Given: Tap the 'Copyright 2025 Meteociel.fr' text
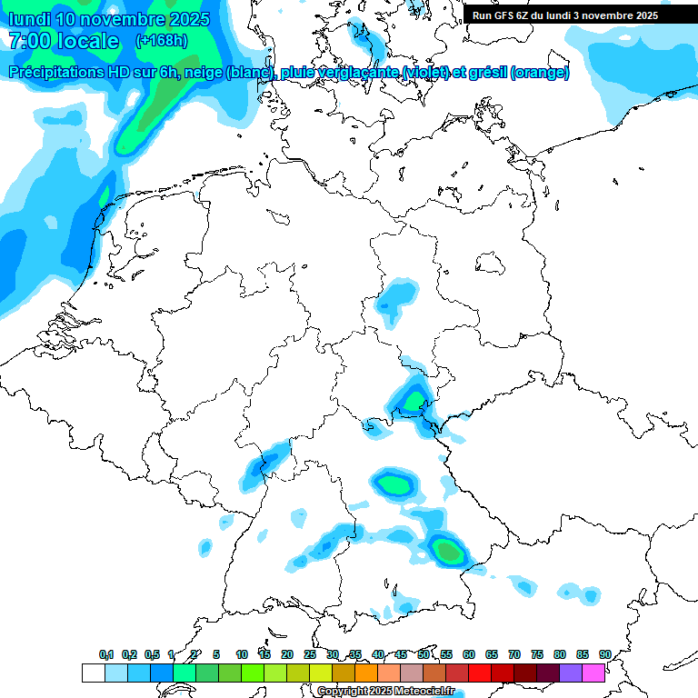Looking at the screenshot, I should (392, 691).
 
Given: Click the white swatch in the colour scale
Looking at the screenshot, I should (93, 673).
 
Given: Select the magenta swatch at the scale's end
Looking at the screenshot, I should (593, 673).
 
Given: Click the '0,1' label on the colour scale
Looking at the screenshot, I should (106, 654).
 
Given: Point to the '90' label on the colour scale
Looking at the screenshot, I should (604, 654).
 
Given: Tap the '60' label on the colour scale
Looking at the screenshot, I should (469, 654).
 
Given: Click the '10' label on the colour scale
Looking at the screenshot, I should (242, 654).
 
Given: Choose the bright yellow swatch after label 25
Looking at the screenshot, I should (321, 673).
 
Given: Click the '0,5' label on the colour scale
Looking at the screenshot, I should (152, 654).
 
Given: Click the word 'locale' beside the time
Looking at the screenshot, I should (87, 41).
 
